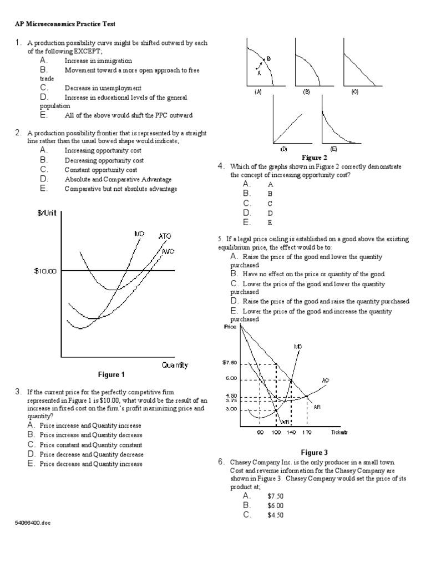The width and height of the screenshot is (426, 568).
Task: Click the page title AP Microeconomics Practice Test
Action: click(65, 24)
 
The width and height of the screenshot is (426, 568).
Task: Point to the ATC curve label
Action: click(165, 236)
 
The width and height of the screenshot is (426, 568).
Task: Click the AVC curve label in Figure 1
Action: click(168, 251)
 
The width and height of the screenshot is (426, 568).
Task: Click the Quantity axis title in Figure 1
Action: click(175, 365)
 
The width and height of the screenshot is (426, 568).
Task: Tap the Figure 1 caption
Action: click(111, 374)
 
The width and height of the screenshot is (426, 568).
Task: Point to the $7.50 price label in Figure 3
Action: click(230, 363)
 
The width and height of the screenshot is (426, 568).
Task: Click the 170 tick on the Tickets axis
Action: click(307, 432)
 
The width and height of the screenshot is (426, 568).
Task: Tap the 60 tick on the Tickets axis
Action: click(260, 432)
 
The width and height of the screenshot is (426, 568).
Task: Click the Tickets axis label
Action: click(339, 432)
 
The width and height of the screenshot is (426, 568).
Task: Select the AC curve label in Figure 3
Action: click(326, 381)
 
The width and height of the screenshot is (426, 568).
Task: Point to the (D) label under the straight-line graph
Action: click(283, 149)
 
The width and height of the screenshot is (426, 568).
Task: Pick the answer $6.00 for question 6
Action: click(275, 505)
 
